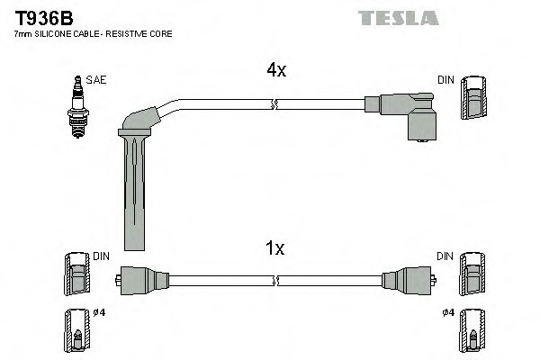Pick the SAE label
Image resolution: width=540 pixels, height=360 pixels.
[x=97, y=79]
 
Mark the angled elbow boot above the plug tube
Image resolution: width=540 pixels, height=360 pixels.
[x=144, y=117]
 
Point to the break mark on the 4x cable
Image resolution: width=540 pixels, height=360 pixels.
[x=272, y=105]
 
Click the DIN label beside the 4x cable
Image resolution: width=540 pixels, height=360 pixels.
[x=445, y=79]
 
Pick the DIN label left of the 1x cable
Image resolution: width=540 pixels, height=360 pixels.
[x=101, y=256]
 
